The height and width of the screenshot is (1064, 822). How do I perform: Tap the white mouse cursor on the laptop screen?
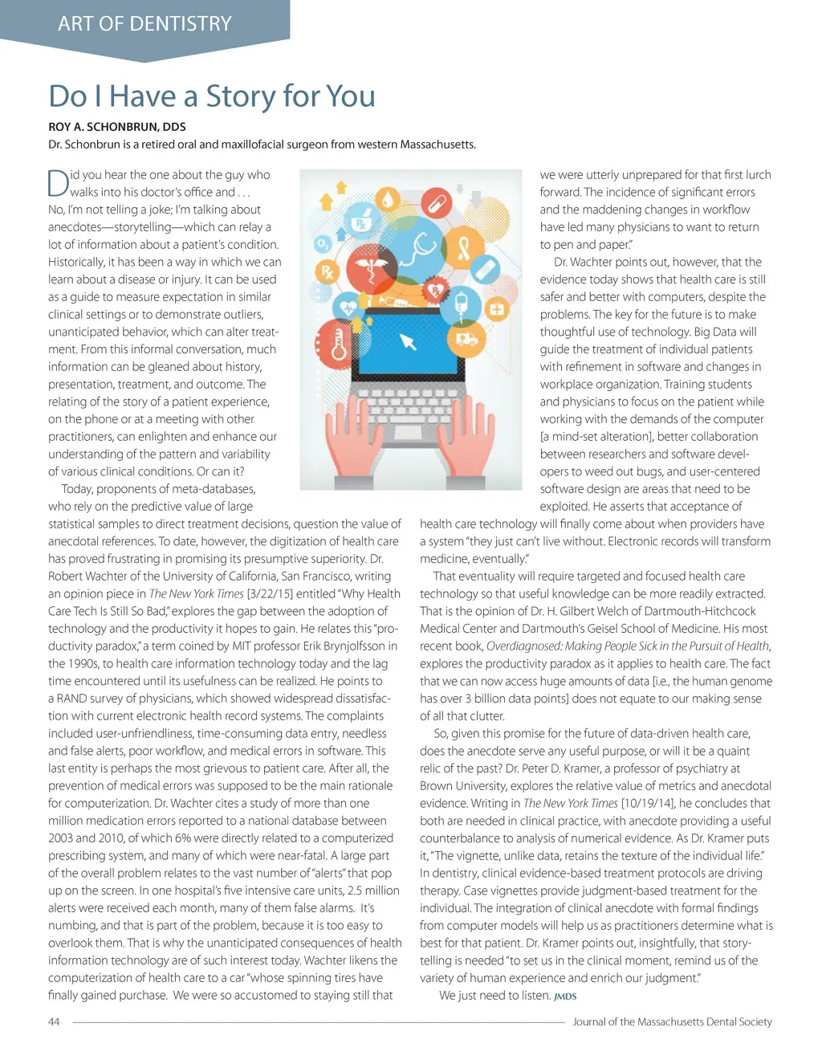(408, 343)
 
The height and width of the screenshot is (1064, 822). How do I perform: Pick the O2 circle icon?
(322, 243)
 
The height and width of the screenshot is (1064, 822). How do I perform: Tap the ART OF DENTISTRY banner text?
(144, 24)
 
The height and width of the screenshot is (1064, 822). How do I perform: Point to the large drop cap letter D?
(58, 183)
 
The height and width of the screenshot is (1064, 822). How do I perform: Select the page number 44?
(54, 1021)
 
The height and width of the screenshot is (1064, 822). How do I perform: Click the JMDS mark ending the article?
(565, 997)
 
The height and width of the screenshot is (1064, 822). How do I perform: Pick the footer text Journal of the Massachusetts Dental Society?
(672, 1021)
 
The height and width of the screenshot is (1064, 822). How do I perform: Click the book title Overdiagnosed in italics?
(524, 646)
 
